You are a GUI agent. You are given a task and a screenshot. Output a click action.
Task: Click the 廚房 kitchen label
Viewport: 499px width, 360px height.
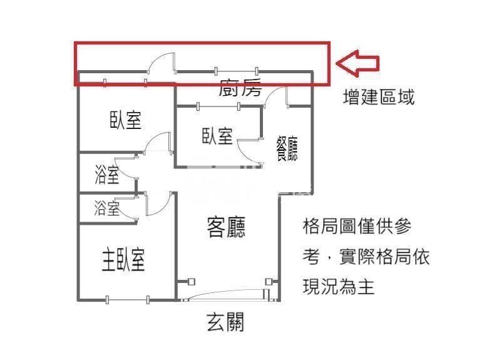pos(240,87)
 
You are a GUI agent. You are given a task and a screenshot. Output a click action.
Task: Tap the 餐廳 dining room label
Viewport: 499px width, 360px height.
pos(287,148)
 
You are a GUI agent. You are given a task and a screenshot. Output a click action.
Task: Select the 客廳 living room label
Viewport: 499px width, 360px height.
pos(226,227)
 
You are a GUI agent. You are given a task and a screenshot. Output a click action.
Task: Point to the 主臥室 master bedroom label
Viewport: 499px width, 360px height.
pos(123,259)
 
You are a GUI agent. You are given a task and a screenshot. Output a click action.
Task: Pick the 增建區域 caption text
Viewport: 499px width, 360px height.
pos(379,97)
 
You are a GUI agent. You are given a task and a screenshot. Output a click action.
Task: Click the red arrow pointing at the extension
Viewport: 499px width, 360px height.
pos(358,63)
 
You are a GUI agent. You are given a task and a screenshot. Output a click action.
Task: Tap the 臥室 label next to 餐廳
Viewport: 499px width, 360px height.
pos(217,136)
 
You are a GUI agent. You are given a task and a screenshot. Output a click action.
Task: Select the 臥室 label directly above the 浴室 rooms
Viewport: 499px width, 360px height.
pos(125,120)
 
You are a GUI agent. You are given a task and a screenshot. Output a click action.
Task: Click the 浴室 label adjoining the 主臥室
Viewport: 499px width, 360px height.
pos(106,208)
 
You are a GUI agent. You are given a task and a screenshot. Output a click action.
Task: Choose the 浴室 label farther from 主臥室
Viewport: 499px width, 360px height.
pos(107,175)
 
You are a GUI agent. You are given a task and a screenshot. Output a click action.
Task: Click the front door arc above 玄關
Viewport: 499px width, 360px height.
pos(226,294)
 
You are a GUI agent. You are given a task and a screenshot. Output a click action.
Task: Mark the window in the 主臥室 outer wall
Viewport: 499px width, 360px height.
pos(127,299)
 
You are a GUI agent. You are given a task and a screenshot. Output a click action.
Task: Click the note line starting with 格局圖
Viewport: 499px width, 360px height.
pos(357,225)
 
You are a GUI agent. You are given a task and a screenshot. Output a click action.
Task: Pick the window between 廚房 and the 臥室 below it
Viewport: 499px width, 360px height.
pos(219,106)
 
